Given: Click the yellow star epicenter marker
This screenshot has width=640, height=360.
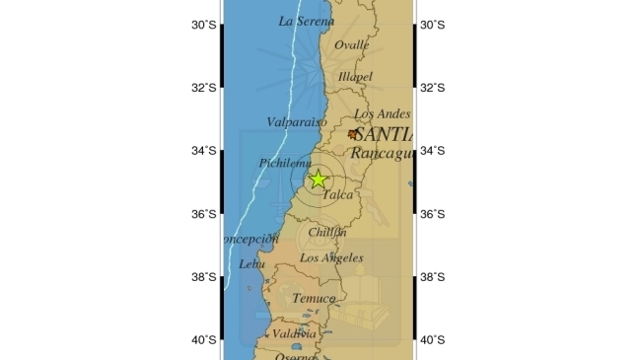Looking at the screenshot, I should click(318, 179).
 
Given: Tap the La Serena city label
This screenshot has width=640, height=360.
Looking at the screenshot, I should click(300, 21).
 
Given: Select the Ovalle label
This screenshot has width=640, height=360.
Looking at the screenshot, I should click(352, 45).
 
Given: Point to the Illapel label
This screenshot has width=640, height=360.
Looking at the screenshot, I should click(355, 76).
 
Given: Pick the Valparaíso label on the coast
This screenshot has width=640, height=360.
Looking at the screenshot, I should click(297, 122).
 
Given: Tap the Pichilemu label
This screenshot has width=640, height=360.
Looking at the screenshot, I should click(285, 163).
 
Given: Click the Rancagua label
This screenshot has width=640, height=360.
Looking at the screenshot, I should click(382, 153).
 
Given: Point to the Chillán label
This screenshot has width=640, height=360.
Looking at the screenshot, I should click(327, 233).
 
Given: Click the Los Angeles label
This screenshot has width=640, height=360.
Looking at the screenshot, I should click(331, 258).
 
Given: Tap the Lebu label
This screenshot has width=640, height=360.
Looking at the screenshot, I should click(252, 264).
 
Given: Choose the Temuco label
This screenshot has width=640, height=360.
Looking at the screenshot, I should click(314, 298).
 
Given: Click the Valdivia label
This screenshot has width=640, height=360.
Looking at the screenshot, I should click(294, 334).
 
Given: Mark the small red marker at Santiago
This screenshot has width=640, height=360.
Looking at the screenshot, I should click(353, 133).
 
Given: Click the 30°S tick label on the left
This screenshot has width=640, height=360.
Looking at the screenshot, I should click(203, 25).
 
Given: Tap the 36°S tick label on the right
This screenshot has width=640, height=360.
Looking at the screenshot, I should click(433, 214).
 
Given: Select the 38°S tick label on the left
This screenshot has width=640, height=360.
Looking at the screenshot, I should click(203, 277).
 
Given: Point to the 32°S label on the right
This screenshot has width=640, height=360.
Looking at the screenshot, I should click(433, 88).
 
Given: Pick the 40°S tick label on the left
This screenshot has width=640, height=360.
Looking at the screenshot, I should click(203, 340).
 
